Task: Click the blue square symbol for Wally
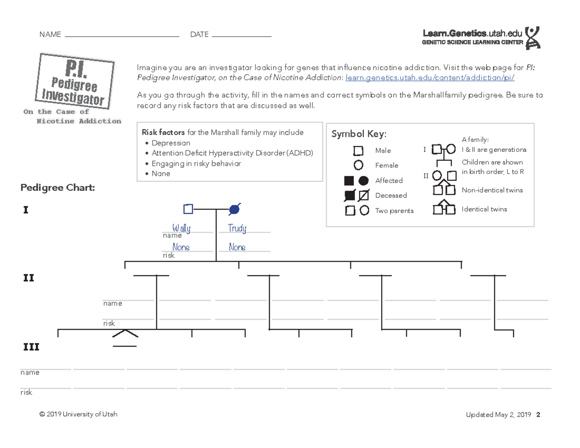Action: [x=188, y=209]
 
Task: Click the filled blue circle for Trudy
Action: [x=234, y=209]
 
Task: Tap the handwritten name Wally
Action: [x=181, y=228]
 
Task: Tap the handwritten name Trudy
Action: [x=237, y=228]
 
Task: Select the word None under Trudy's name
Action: [x=237, y=247]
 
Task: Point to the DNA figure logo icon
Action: [x=532, y=38]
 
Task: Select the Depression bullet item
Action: [x=171, y=143]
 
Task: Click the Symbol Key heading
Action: [x=359, y=134]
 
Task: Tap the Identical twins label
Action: [x=484, y=209]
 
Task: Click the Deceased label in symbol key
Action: [x=391, y=195]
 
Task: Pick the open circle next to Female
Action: [x=358, y=165]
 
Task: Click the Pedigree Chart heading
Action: [x=58, y=188]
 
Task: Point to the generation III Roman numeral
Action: [x=31, y=347]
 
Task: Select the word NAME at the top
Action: [x=50, y=35]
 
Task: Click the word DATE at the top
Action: [x=199, y=35]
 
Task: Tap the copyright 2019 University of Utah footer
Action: [x=78, y=414]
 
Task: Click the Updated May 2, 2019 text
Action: [x=498, y=415]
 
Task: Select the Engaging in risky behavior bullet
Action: [x=196, y=163]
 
